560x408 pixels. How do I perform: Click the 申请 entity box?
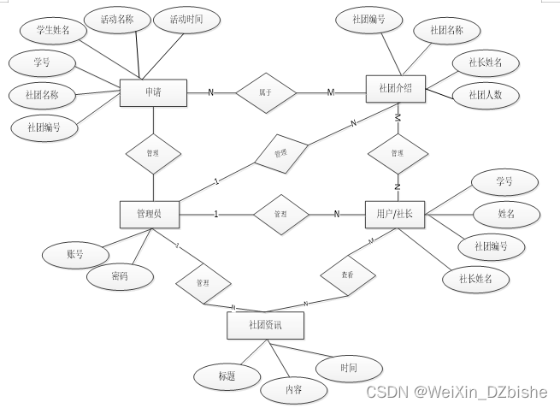(x=154, y=92)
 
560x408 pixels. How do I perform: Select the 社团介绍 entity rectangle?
(x=395, y=89)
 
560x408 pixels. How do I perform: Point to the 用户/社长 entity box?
(x=394, y=214)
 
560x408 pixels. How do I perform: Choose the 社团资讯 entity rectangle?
(x=264, y=325)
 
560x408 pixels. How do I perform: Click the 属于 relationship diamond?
(x=265, y=92)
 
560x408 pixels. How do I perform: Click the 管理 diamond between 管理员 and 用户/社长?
(x=281, y=214)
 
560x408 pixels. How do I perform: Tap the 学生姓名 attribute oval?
(x=53, y=31)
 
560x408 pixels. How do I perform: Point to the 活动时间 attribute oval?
(x=186, y=19)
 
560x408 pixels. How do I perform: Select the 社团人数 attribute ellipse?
(x=486, y=95)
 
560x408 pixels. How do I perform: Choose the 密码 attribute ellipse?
(x=121, y=276)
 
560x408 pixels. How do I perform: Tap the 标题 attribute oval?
(x=227, y=375)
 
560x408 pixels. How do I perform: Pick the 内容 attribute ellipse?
(x=293, y=391)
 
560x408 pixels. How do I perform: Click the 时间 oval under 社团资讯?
(x=348, y=368)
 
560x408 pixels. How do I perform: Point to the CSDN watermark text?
(x=456, y=393)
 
